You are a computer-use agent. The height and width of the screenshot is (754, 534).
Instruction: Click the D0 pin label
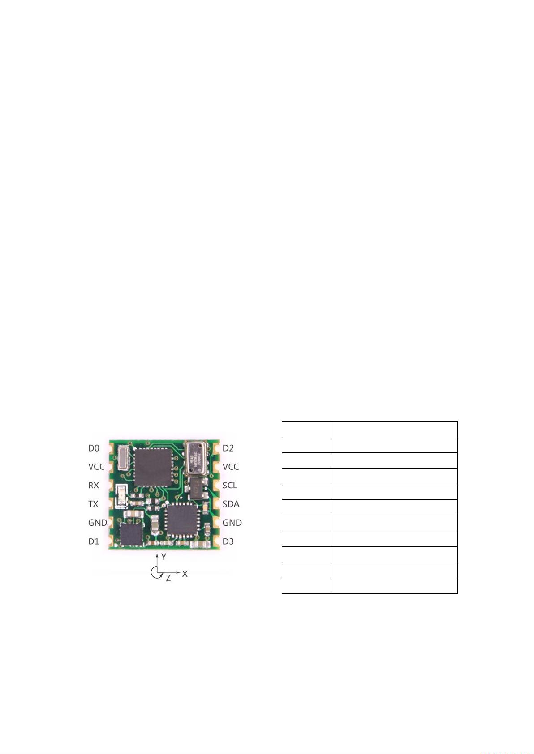pyautogui.click(x=94, y=448)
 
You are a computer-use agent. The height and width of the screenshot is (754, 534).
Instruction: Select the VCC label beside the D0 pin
pyautogui.click(x=96, y=467)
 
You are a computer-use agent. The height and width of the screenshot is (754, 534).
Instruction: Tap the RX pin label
pyautogui.click(x=94, y=486)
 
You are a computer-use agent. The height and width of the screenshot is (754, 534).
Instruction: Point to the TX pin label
pyautogui.click(x=93, y=504)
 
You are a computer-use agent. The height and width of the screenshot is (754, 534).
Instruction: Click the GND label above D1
pyautogui.click(x=97, y=523)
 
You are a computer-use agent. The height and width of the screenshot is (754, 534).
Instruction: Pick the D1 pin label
pyautogui.click(x=94, y=541)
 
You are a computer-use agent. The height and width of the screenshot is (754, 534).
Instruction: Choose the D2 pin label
pyautogui.click(x=228, y=448)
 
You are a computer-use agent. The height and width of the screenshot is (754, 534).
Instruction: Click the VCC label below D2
pyautogui.click(x=231, y=467)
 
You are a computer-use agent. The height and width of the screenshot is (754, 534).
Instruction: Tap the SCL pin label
pyautogui.click(x=230, y=486)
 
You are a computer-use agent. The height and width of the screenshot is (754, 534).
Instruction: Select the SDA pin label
pyautogui.click(x=231, y=504)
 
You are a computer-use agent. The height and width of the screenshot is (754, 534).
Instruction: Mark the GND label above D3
pyautogui.click(x=232, y=523)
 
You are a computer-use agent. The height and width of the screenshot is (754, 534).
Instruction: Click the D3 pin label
pyautogui.click(x=228, y=541)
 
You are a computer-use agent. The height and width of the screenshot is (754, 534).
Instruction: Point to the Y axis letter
pyautogui.click(x=164, y=557)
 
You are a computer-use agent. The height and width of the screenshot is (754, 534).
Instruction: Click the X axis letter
pyautogui.click(x=185, y=574)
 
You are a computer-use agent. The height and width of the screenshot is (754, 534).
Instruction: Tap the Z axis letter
pyautogui.click(x=168, y=578)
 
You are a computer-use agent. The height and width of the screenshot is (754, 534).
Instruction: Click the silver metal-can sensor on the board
pyautogui.click(x=196, y=457)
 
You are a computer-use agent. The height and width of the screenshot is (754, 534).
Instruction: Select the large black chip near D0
pyautogui.click(x=154, y=467)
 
